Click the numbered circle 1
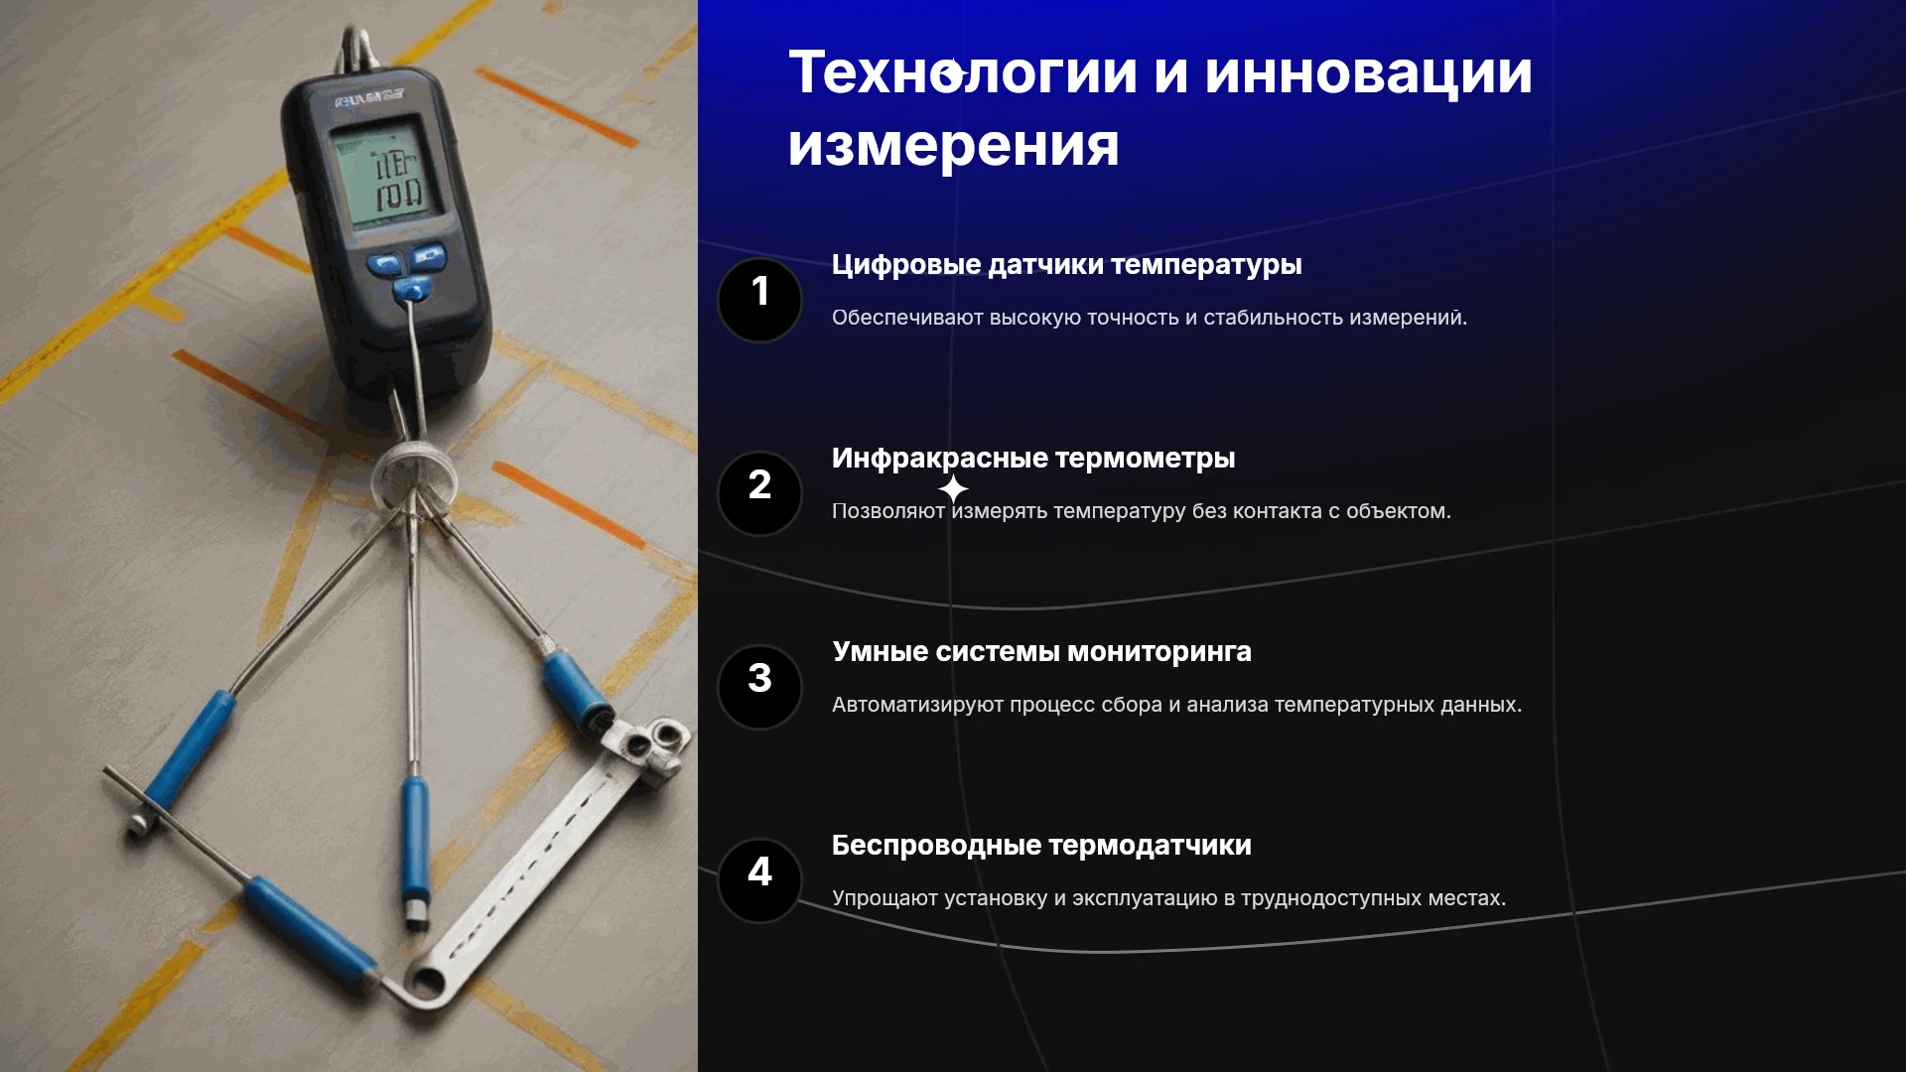point(759,300)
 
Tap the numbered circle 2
point(759,493)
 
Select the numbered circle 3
point(759,687)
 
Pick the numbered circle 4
point(759,880)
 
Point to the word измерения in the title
point(954,146)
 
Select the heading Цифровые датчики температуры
point(1067,265)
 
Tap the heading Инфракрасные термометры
point(1033,459)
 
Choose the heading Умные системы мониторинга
point(1042,652)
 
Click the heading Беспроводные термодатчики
point(1041,846)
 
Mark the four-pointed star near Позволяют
point(953,488)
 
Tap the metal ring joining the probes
point(414,474)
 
